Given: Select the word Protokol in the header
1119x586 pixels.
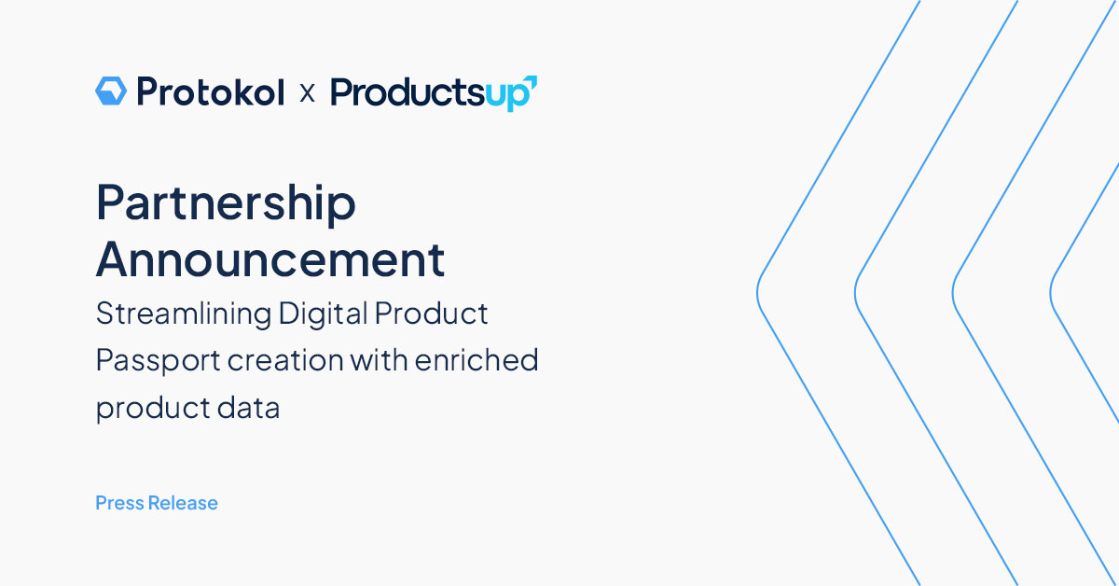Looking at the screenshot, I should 210,91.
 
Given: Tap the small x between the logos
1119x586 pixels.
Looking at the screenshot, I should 307,93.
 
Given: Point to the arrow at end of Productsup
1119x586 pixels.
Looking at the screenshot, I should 531,84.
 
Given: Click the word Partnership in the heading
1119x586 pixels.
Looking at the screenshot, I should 226,203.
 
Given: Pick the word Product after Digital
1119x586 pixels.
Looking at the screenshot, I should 431,314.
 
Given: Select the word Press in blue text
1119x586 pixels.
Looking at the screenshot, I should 119,503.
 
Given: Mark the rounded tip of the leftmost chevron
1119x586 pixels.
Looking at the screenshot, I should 758,292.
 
